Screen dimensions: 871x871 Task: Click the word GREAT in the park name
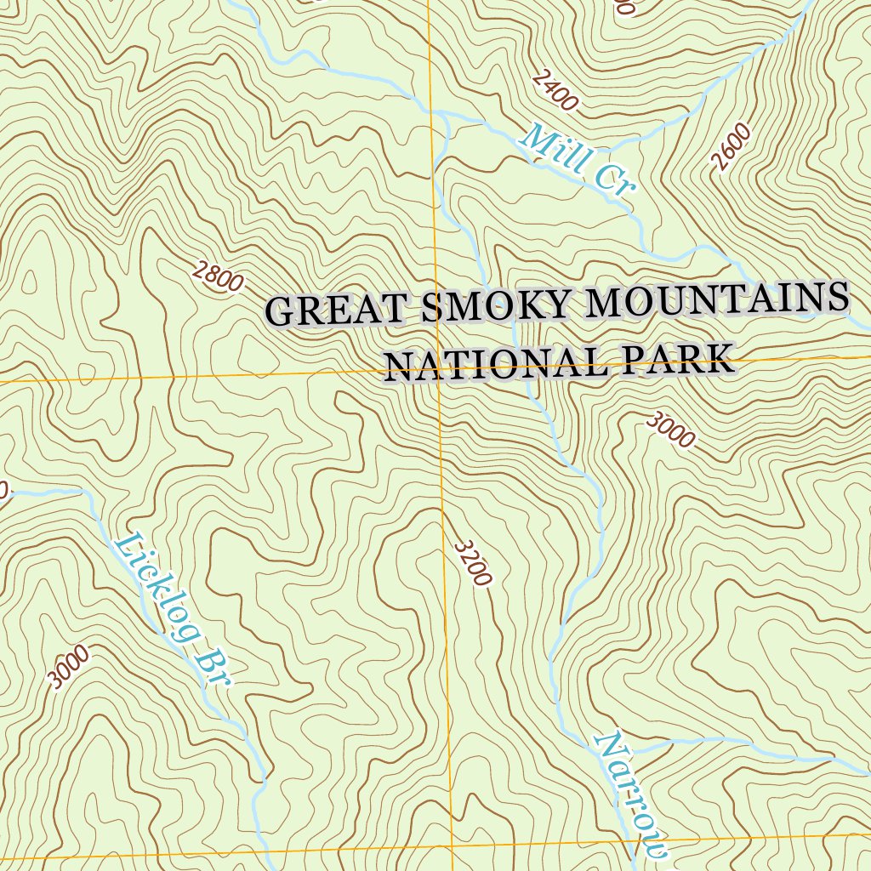(340, 310)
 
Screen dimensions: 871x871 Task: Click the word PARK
(677, 359)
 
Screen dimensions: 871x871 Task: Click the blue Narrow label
(631, 794)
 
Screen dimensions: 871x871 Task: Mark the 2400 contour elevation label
(555, 91)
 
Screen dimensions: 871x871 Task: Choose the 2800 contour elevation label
(218, 277)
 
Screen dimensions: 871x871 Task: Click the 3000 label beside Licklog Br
(69, 667)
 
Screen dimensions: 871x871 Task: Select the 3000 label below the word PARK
(671, 430)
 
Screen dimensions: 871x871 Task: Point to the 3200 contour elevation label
(473, 563)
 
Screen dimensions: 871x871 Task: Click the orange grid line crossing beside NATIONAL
(439, 373)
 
